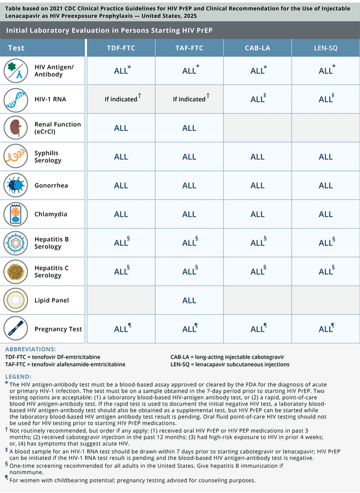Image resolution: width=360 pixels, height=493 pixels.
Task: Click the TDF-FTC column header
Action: [x=121, y=48]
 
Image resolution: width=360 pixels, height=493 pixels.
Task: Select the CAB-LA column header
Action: [x=257, y=48]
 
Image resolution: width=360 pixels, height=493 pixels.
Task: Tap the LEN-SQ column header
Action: [x=325, y=48]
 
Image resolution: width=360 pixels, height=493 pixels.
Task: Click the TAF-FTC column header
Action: [x=189, y=48]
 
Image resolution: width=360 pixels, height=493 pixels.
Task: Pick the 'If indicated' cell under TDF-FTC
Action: [x=121, y=99]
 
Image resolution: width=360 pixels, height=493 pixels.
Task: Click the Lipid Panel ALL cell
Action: [x=189, y=300]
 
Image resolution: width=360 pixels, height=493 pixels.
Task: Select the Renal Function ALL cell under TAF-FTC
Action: [x=189, y=128]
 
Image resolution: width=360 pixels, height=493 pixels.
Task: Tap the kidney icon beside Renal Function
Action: [x=15, y=128]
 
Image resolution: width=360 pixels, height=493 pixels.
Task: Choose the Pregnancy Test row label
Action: [x=59, y=329]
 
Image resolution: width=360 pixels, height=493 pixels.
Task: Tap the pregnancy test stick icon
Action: [x=15, y=329]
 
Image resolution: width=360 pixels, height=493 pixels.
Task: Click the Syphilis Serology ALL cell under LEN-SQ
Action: [x=325, y=157]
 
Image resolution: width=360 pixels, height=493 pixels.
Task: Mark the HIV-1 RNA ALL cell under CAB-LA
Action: [x=258, y=99]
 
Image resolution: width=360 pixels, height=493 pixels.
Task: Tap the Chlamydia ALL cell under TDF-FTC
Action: [x=121, y=214]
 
